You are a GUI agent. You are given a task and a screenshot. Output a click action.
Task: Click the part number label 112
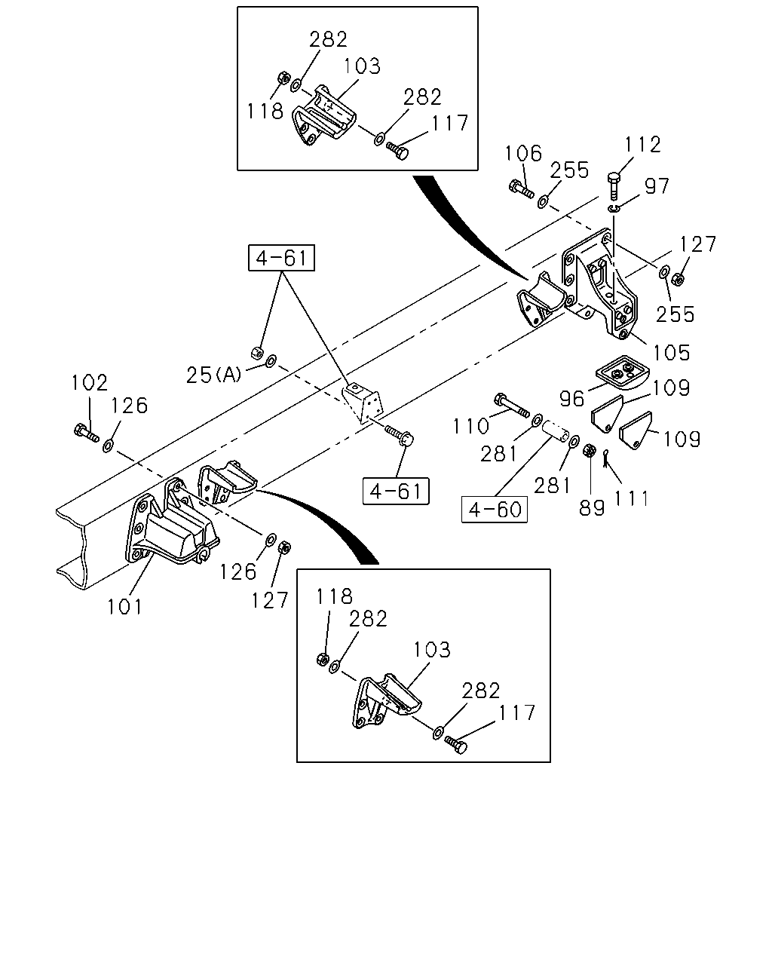(x=642, y=145)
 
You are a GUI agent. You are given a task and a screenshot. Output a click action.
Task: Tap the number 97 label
(x=657, y=185)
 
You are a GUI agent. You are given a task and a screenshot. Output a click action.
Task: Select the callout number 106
(x=523, y=153)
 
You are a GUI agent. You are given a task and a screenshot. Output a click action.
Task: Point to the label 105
(x=671, y=353)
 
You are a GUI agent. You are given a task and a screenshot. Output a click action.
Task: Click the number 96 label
(x=572, y=399)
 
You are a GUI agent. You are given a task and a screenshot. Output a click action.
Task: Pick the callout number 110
(x=470, y=426)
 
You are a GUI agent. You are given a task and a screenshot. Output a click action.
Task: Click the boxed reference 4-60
(x=495, y=510)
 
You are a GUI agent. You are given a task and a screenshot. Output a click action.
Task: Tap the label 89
(x=592, y=507)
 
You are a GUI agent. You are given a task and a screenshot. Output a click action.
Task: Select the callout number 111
(x=631, y=498)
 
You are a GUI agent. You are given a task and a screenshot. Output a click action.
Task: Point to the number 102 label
(x=89, y=383)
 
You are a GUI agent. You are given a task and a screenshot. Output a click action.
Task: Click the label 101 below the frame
(x=124, y=607)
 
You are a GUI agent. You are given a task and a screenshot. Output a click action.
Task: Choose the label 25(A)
(x=214, y=375)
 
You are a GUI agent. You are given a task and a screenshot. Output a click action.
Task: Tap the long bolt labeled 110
(x=511, y=405)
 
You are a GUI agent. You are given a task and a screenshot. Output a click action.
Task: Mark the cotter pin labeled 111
(x=605, y=458)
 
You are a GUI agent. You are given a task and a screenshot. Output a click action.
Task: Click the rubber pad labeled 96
(x=623, y=372)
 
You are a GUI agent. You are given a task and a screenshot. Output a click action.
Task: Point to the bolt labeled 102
(x=86, y=432)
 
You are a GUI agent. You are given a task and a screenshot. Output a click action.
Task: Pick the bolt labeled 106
(x=521, y=188)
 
